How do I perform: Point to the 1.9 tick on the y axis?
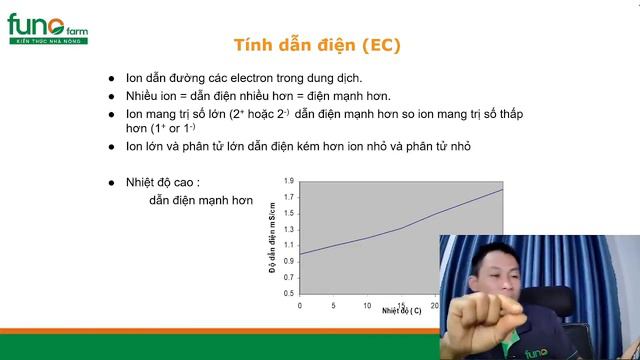pyautogui.click(x=289, y=181)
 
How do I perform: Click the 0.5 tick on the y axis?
pyautogui.click(x=289, y=293)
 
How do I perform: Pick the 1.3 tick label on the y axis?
pyautogui.click(x=289, y=229)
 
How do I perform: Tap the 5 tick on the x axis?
pyautogui.click(x=334, y=304)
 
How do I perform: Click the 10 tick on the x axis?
pyautogui.click(x=367, y=304)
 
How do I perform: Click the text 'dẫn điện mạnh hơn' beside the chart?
pyautogui.click(x=201, y=200)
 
